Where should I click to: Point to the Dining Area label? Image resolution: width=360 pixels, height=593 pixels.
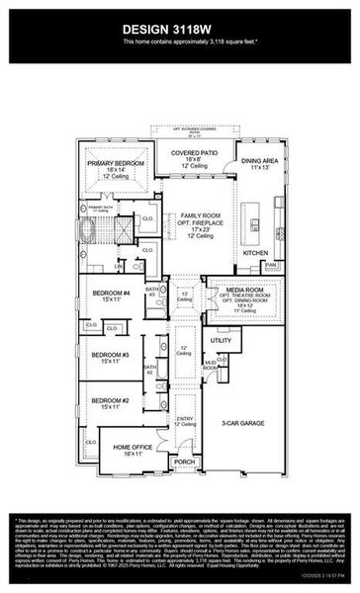pyautogui.click(x=260, y=160)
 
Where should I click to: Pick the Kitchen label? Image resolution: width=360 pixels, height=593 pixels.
pyautogui.click(x=256, y=253)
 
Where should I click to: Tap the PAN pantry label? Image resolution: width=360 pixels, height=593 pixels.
pyautogui.click(x=269, y=265)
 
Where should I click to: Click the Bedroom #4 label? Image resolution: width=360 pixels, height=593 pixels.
pyautogui.click(x=111, y=294)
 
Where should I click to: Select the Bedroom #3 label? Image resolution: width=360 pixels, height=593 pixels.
pyautogui.click(x=111, y=354)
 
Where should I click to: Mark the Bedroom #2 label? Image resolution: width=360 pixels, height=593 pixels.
pyautogui.click(x=111, y=400)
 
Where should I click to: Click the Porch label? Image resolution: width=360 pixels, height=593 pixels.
pyautogui.click(x=185, y=461)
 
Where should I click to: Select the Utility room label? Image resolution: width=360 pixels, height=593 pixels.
pyautogui.click(x=220, y=339)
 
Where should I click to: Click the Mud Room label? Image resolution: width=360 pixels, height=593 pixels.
pyautogui.click(x=211, y=365)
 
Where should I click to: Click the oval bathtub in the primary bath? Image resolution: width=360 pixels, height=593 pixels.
pyautogui.click(x=88, y=231)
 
